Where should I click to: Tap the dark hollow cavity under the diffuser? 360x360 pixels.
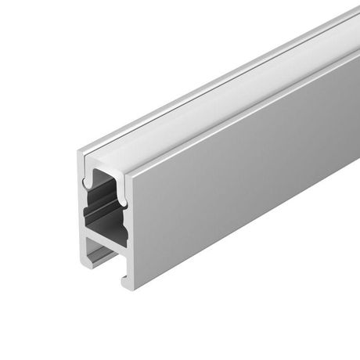tap(106, 208)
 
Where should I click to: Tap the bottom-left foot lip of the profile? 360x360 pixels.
tap(88, 258)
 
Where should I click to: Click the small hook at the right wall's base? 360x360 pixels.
tap(123, 279)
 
